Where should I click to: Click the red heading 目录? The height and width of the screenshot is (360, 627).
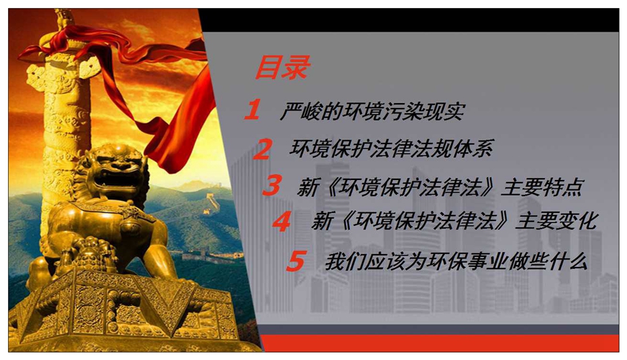(x=282, y=67)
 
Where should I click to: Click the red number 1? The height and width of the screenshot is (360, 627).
(x=253, y=110)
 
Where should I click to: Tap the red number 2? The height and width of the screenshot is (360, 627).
(x=263, y=149)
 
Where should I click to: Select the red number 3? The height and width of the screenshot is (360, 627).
(x=272, y=185)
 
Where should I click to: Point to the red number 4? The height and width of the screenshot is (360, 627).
(x=282, y=221)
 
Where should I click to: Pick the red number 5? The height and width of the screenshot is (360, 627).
(x=296, y=261)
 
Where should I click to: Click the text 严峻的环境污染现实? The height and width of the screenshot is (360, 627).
(x=372, y=111)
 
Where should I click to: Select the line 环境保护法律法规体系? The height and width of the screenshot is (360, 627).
(x=392, y=148)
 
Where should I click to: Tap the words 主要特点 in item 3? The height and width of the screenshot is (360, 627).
(x=542, y=186)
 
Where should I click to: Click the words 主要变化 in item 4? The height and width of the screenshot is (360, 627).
(x=556, y=221)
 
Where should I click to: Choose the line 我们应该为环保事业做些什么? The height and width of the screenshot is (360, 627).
(x=456, y=262)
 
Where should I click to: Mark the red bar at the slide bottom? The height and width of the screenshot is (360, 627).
(x=440, y=343)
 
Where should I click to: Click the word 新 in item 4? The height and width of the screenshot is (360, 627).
(x=322, y=221)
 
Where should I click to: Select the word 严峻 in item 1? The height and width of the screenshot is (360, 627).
(x=300, y=111)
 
